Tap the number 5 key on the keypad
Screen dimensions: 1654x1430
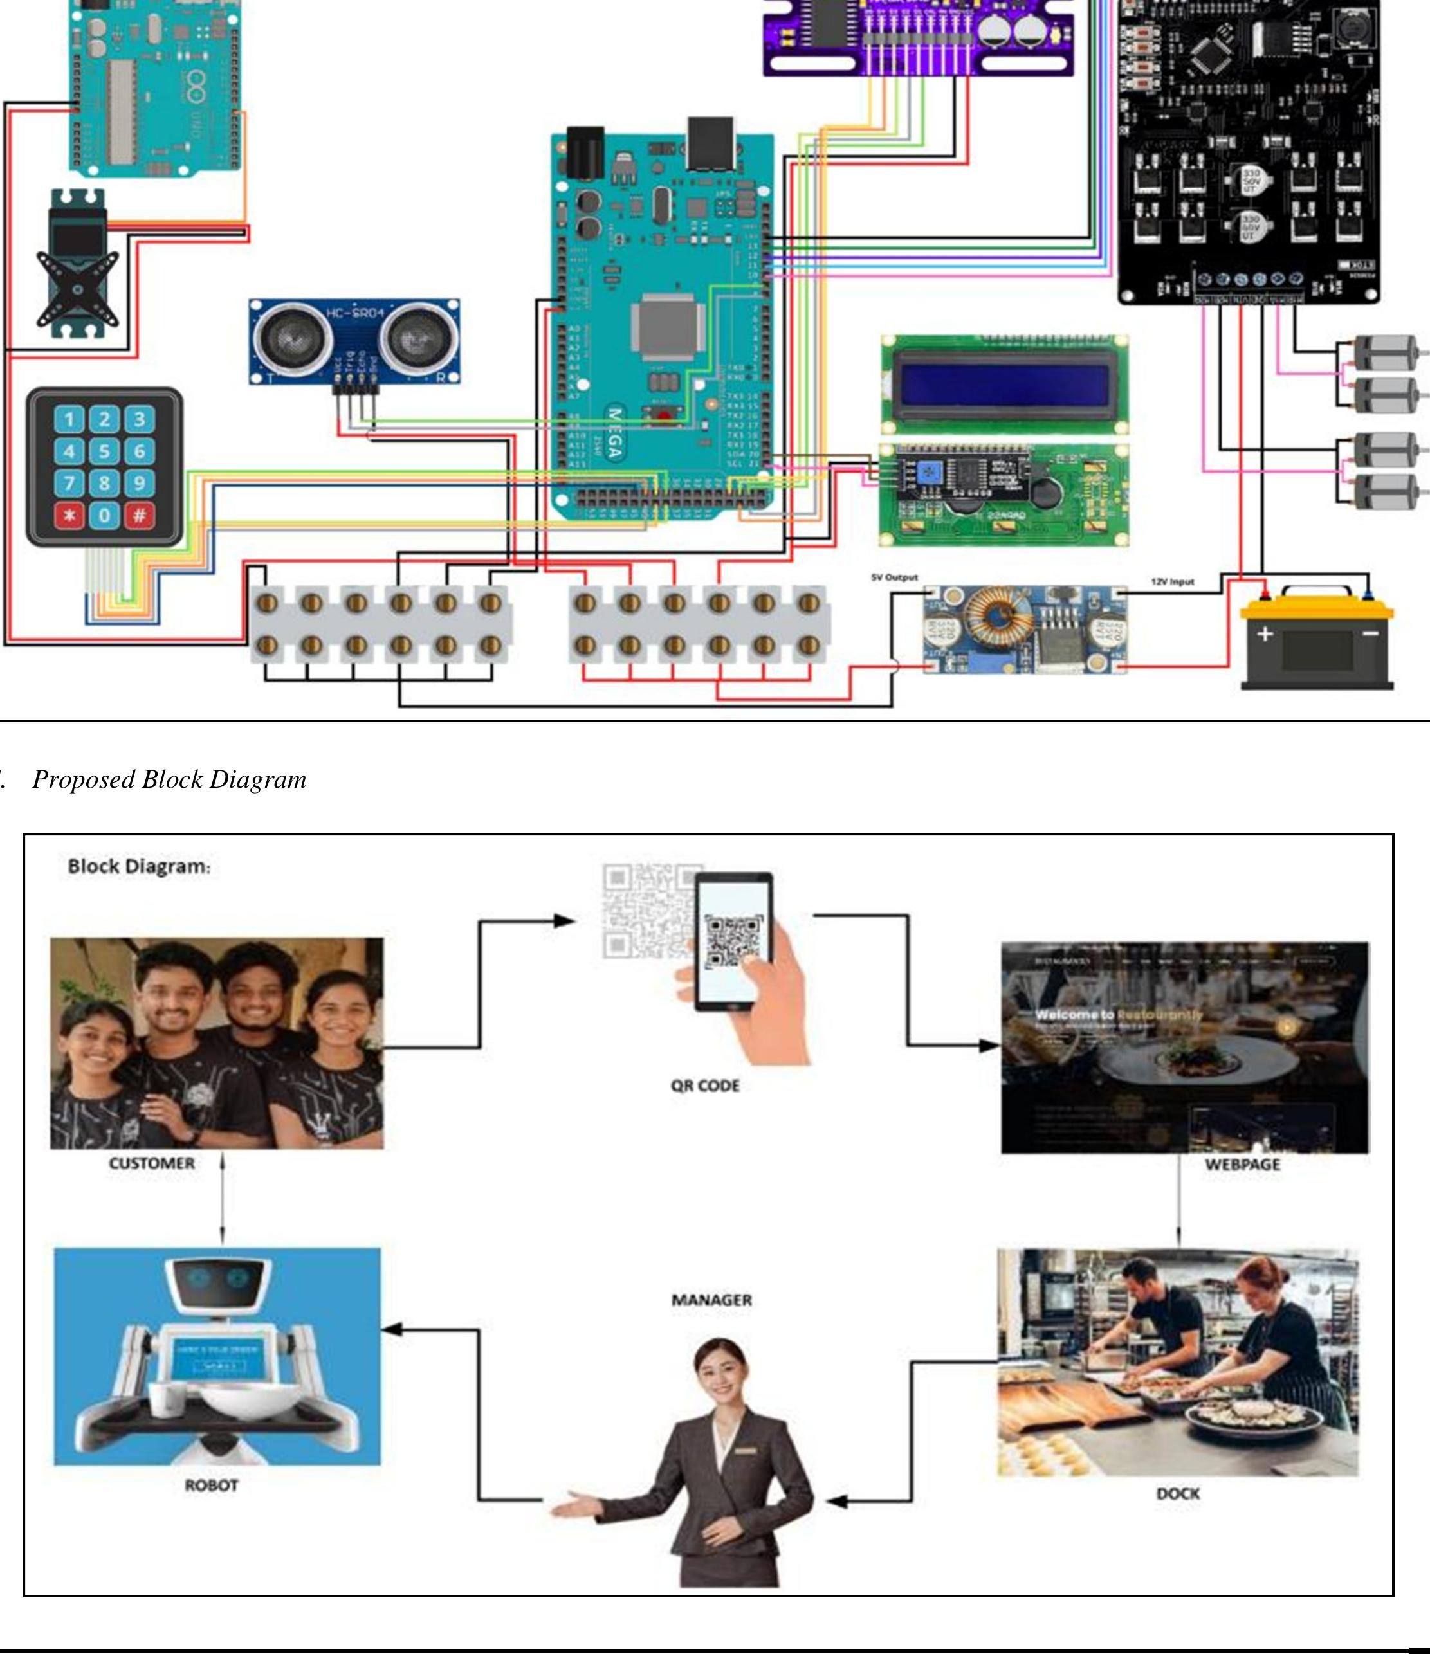[104, 451]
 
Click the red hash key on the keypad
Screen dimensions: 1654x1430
[139, 515]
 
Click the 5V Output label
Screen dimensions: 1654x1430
[894, 577]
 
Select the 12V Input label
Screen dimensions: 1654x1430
[1172, 582]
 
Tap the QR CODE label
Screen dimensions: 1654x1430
[705, 1086]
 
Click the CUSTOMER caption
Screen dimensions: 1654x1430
[152, 1163]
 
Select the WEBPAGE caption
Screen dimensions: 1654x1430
[1242, 1164]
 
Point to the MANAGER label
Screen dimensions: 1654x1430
[711, 1300]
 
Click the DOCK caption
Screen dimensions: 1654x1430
[1178, 1493]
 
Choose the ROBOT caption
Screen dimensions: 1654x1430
[212, 1486]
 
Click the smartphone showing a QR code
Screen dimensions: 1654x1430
[733, 942]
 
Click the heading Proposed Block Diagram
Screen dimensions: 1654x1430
[169, 780]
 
